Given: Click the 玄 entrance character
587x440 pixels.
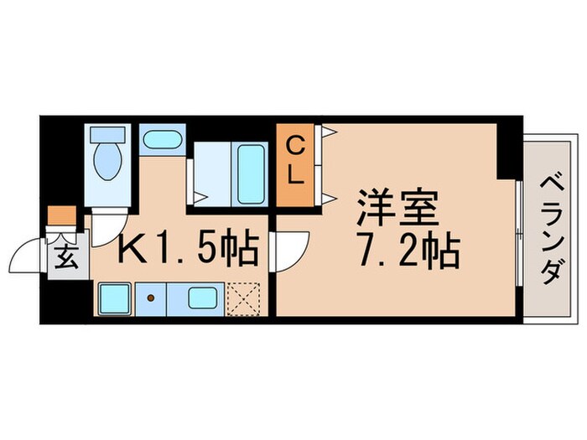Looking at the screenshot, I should [x=67, y=257].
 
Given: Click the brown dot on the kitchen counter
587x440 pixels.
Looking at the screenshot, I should [x=151, y=298].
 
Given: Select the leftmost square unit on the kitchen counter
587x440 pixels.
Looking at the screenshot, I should [x=112, y=298].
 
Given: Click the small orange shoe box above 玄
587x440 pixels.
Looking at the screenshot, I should [x=60, y=216].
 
